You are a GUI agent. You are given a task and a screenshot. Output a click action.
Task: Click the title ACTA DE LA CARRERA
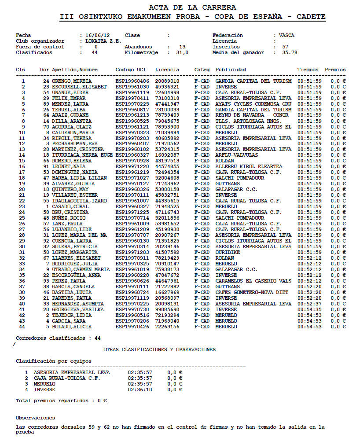192,7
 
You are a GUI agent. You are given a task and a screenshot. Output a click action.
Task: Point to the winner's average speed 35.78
290,52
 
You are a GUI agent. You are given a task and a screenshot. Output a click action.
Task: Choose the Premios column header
335,70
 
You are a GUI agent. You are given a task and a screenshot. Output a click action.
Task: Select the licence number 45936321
167,87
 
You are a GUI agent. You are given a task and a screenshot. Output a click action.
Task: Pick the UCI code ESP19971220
132,166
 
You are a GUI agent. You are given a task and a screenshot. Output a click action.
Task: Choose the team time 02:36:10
140,390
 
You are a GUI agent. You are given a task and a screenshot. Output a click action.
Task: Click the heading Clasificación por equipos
54,361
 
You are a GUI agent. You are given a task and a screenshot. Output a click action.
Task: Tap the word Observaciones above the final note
35,418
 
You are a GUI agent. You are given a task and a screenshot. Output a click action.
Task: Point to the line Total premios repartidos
61,401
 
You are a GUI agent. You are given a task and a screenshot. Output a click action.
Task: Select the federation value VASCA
287,35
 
